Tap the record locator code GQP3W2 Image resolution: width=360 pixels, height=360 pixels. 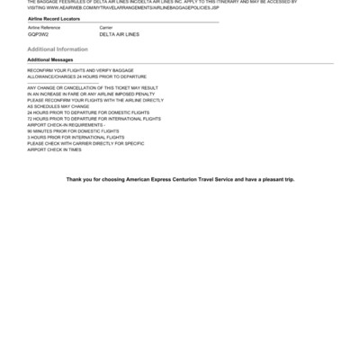pos(38,34)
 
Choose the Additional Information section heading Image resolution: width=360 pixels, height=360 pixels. pos(58,49)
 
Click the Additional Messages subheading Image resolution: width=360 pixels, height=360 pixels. pos(50,59)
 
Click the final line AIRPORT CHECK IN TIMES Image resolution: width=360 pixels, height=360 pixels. pos(54,149)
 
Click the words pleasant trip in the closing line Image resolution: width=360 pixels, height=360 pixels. pos(275,180)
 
